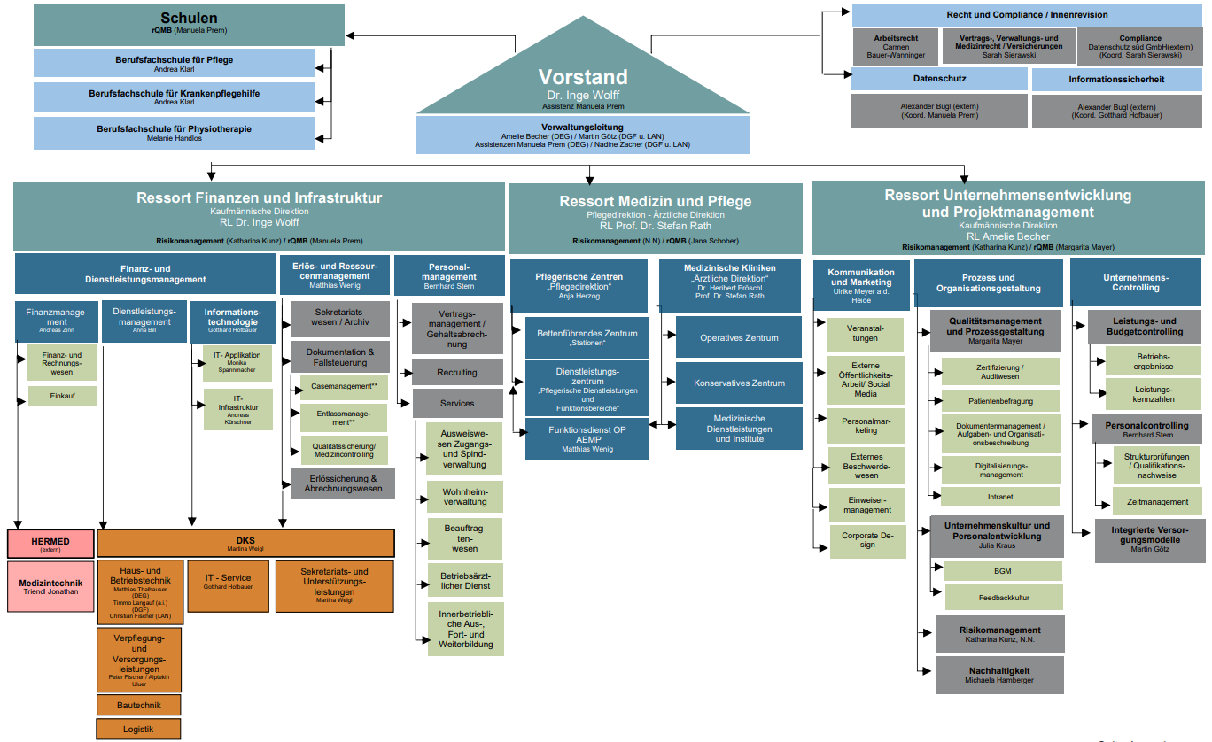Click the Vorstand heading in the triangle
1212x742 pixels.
[x=583, y=77]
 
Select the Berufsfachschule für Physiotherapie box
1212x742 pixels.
[x=175, y=133]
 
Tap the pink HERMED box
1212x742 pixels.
[x=50, y=544]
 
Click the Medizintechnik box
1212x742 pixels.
[x=50, y=586]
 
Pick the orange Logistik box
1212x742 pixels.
[x=138, y=729]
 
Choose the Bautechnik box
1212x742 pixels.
[x=138, y=705]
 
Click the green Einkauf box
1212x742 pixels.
[x=62, y=396]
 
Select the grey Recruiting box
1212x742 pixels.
[x=456, y=373]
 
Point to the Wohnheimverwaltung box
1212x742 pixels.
[x=465, y=496]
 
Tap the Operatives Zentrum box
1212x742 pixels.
[x=739, y=337]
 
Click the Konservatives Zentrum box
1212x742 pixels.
[x=739, y=383]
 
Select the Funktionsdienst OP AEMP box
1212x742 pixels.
[x=581, y=438]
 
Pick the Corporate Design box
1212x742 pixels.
[x=867, y=540]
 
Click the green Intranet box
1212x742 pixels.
[x=999, y=497]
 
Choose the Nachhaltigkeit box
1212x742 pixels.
[x=998, y=675]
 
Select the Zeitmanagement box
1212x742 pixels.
[x=1157, y=502]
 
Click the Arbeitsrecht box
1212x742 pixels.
[x=896, y=46]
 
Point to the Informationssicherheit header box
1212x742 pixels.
[x=1115, y=80]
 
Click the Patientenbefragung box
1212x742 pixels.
[x=999, y=400]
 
